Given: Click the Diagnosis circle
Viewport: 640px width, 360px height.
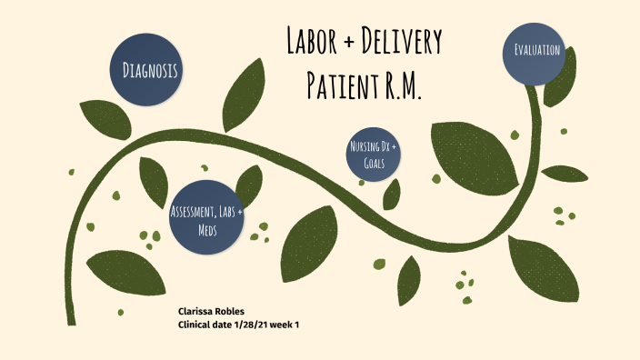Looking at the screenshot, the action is (150, 69).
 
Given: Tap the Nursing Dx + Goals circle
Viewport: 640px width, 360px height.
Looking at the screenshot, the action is (373, 155).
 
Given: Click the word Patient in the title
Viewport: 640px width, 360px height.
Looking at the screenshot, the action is (341, 85).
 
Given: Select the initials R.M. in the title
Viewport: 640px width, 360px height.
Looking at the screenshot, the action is (402, 85).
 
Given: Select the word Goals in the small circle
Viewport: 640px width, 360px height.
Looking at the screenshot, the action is (373, 165).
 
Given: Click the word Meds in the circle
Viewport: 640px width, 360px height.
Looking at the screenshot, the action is (207, 230).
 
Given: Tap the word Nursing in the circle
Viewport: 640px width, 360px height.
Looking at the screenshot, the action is (362, 146).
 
